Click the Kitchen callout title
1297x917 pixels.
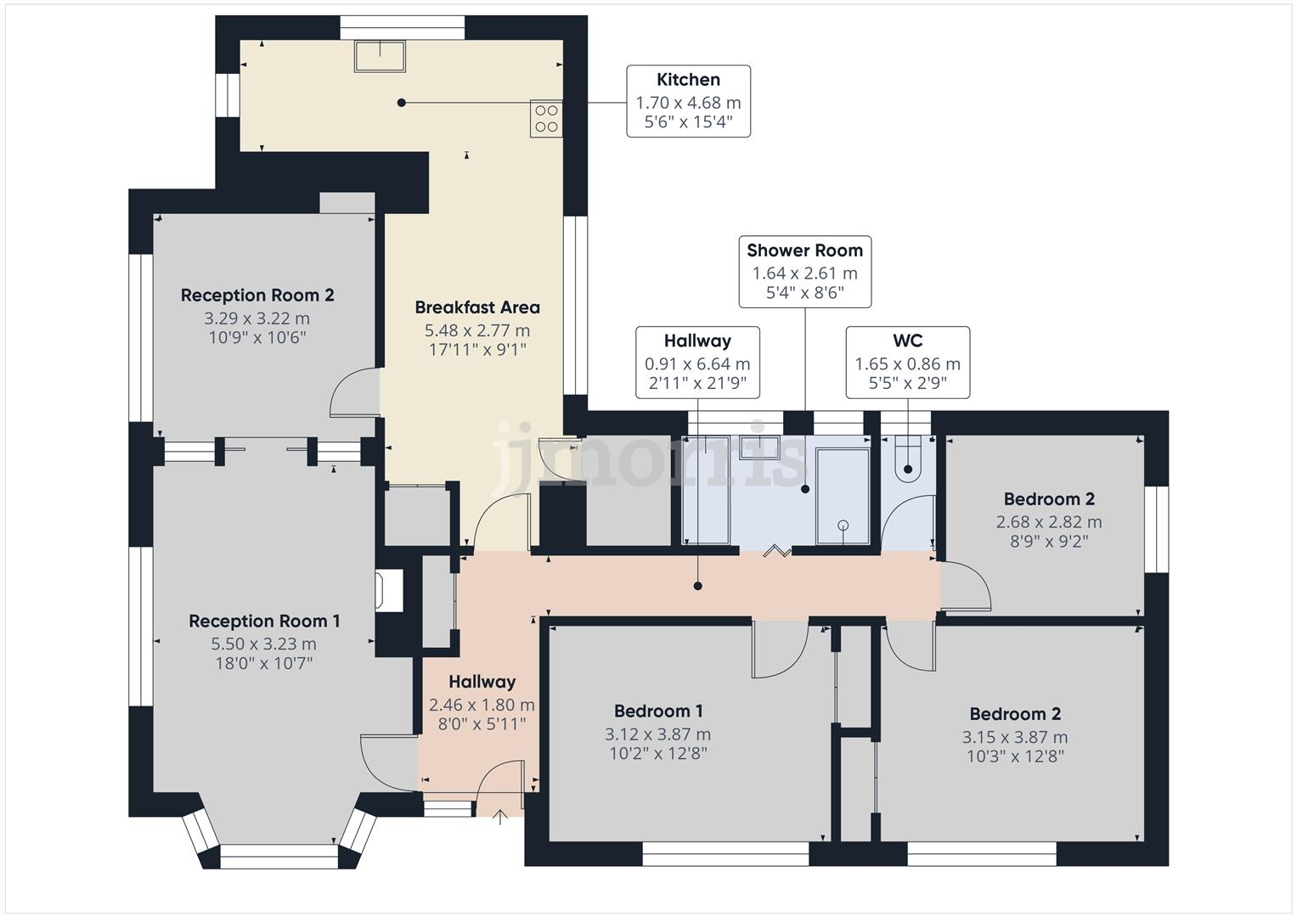pyautogui.click(x=688, y=80)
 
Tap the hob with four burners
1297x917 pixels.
pyautogui.click(x=546, y=119)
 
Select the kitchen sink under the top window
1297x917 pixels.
pyautogui.click(x=380, y=57)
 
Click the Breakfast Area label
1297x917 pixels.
pyautogui.click(x=477, y=307)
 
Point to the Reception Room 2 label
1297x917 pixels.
pyautogui.click(x=257, y=295)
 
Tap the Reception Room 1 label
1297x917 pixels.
pyautogui.click(x=264, y=622)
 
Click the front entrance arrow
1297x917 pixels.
pyautogui.click(x=500, y=817)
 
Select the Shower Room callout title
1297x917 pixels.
pyautogui.click(x=804, y=250)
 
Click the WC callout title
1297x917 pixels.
pyautogui.click(x=907, y=341)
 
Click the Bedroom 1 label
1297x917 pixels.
pyautogui.click(x=658, y=712)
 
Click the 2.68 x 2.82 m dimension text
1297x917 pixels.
pyautogui.click(x=1049, y=522)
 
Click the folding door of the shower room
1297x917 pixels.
pyautogui.click(x=776, y=552)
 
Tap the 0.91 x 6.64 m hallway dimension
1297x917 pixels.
pyautogui.click(x=697, y=364)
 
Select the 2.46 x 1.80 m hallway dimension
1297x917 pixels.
pyautogui.click(x=482, y=705)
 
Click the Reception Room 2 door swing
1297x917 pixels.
pyautogui.click(x=354, y=392)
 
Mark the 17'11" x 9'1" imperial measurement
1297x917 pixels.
pyautogui.click(x=477, y=349)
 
